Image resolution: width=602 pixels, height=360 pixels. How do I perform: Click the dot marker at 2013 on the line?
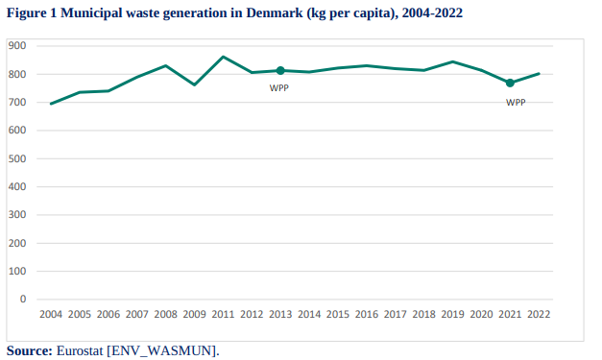(x=280, y=71)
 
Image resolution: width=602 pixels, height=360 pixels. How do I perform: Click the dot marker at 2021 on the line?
(x=510, y=83)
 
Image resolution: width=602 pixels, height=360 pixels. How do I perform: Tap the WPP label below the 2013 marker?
(x=279, y=88)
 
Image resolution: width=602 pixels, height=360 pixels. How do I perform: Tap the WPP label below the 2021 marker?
(x=516, y=103)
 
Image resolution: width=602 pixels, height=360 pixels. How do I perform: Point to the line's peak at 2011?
(x=223, y=57)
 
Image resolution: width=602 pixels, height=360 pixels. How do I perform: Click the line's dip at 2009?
(x=194, y=84)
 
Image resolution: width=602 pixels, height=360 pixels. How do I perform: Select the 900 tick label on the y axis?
(x=17, y=46)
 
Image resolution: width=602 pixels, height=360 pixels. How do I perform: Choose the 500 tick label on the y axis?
(x=17, y=158)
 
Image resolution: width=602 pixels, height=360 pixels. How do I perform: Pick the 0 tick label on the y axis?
(x=23, y=299)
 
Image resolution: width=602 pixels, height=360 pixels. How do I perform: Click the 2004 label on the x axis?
(x=51, y=314)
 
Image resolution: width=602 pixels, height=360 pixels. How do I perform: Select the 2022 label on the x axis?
(x=539, y=314)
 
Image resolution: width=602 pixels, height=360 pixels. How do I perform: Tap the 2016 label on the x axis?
(x=366, y=314)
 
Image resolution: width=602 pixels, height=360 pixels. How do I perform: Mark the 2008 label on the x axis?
(x=165, y=314)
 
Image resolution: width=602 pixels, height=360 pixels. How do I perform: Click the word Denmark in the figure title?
(x=275, y=13)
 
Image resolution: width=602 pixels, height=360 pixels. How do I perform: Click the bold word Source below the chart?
(x=29, y=350)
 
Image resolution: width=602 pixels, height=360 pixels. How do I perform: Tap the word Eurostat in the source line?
(x=80, y=350)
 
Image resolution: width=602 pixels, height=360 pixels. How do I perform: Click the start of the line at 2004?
(x=51, y=104)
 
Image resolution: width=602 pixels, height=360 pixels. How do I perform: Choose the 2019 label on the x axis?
(x=452, y=314)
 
